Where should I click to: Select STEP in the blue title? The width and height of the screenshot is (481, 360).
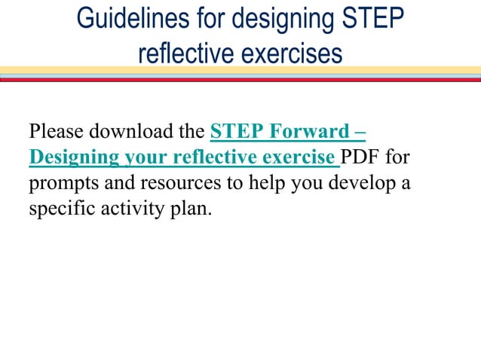pos(369,18)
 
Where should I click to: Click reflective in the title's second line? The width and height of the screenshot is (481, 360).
pos(185,53)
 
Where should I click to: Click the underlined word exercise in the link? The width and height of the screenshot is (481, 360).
pos(302,157)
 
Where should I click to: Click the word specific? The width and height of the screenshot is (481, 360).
pos(59,209)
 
